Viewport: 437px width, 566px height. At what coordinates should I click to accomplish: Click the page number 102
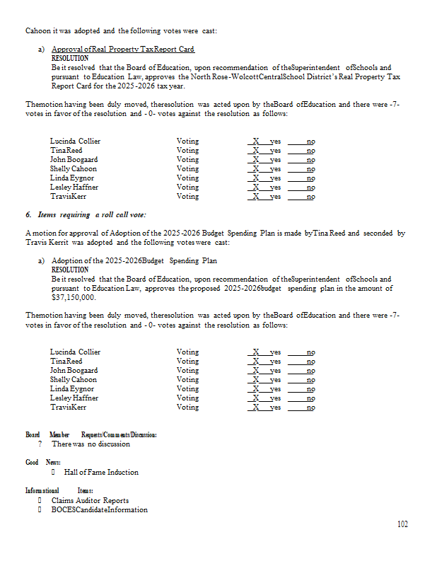(402, 524)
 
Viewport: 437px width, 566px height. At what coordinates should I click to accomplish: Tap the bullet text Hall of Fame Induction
(101, 472)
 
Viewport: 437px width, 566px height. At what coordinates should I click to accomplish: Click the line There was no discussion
(91, 444)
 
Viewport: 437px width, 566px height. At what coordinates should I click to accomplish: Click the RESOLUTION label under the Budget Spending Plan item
(70, 270)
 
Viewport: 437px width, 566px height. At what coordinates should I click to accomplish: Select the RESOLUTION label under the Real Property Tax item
(70, 58)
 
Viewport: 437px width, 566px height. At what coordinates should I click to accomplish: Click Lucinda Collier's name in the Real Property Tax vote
(75, 141)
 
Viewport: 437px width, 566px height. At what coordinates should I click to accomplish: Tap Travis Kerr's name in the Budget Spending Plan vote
(68, 408)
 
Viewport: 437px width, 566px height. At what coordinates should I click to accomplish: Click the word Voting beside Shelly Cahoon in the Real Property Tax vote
(187, 168)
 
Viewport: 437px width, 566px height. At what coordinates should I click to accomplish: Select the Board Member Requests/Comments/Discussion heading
(91, 434)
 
